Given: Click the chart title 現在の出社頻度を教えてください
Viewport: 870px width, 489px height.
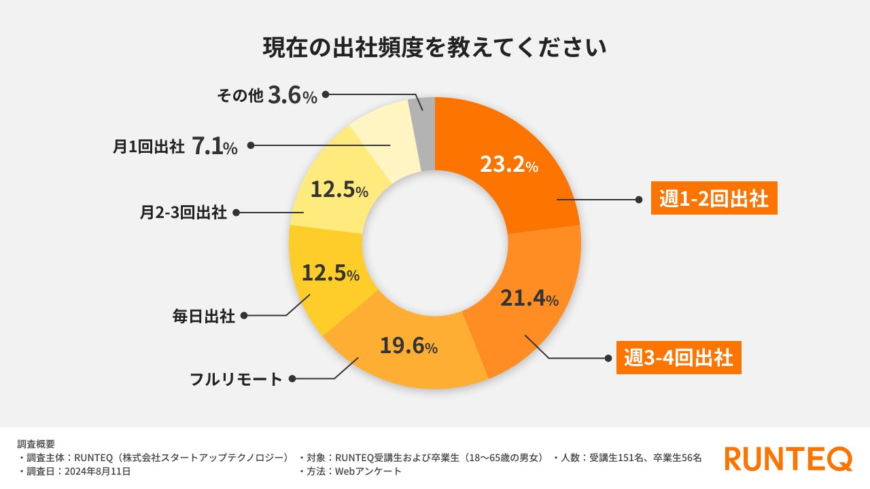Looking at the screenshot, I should pyautogui.click(x=434, y=49).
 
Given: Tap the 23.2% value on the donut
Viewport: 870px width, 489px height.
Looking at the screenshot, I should pyautogui.click(x=508, y=165).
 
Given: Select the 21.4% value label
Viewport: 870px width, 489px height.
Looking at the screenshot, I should pyautogui.click(x=529, y=298).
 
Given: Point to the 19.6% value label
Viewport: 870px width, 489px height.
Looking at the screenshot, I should pyautogui.click(x=408, y=347).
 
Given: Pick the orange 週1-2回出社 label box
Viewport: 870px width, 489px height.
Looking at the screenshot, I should pyautogui.click(x=714, y=199).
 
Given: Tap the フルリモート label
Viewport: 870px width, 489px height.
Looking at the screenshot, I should pyautogui.click(x=236, y=379).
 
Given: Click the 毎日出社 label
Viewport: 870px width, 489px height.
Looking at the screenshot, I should pyautogui.click(x=204, y=316).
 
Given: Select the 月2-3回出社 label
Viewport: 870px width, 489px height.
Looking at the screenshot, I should pyautogui.click(x=183, y=213).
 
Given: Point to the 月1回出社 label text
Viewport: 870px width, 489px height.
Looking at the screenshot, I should pyautogui.click(x=148, y=146).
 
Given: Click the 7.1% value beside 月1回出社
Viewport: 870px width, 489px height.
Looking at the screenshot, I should pyautogui.click(x=215, y=146).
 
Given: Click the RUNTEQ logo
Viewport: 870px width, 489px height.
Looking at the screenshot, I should pyautogui.click(x=788, y=458).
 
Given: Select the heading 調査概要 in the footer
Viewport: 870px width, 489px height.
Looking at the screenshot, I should pyautogui.click(x=36, y=444).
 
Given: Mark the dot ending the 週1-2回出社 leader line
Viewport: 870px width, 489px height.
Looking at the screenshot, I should pyautogui.click(x=639, y=200).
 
